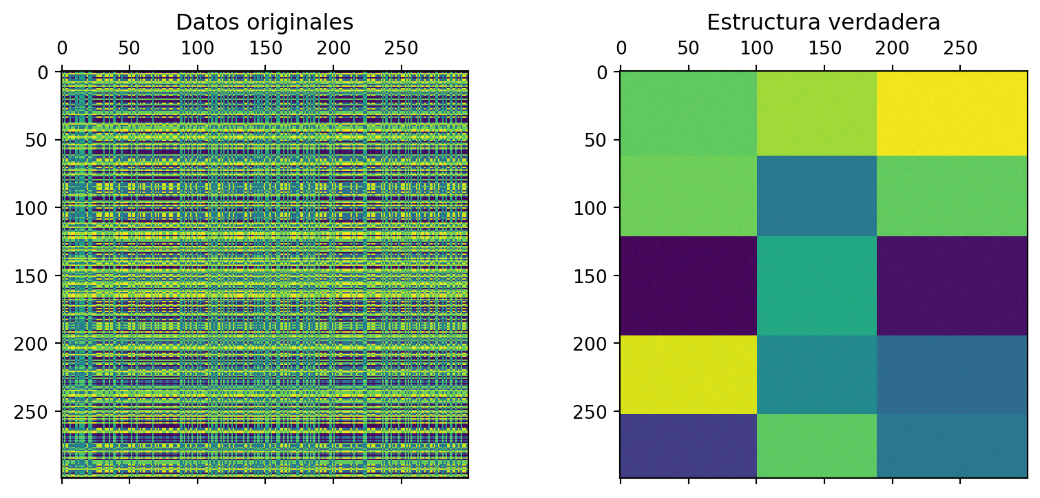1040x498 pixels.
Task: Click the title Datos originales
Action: point(264,23)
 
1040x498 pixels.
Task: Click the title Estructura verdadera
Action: point(823,23)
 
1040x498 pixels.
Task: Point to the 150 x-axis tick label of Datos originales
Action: point(265,48)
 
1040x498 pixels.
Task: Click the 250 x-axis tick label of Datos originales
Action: point(401,48)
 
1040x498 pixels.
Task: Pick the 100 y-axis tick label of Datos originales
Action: point(34,208)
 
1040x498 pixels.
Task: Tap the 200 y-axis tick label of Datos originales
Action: point(34,344)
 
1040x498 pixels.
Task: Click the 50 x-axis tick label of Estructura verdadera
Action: point(688,48)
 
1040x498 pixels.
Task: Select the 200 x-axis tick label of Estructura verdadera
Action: point(824,48)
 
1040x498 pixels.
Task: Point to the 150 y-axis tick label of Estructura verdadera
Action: point(593,276)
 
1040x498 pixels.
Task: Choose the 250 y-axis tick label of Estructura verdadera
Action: point(593,412)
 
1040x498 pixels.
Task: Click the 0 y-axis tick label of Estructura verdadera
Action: point(602,72)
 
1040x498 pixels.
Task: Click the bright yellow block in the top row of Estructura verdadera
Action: point(952,113)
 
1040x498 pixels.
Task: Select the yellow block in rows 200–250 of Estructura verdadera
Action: point(688,375)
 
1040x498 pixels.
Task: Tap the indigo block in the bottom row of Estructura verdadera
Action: point(688,446)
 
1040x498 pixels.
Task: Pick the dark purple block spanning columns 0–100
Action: point(688,286)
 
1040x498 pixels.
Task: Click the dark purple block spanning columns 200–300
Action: point(952,286)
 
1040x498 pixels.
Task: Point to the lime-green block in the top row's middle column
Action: point(816,113)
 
